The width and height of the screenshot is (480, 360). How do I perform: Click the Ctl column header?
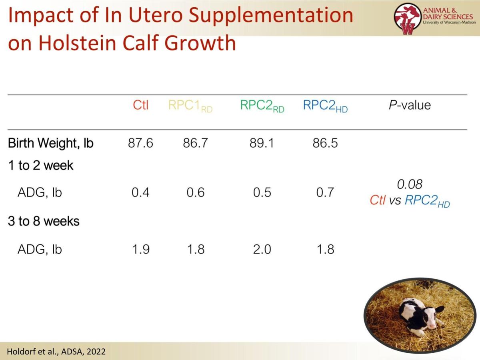coord(140,105)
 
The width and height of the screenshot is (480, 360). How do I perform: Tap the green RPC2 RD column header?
coord(262,106)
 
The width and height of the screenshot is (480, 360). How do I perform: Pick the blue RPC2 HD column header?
coord(325,106)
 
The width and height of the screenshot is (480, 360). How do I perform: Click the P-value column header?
coord(410,105)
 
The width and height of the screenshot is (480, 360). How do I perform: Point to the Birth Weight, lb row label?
coord(50,143)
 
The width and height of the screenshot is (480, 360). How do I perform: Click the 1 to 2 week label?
coord(40,165)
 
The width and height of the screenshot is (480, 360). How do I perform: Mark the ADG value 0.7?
coord(325,192)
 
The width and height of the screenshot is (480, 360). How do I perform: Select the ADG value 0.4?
coord(140,192)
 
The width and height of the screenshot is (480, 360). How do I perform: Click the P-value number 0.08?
coord(410,184)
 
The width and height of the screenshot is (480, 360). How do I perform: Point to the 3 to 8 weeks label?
coord(44,221)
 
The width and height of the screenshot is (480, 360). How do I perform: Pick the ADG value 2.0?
coord(262,249)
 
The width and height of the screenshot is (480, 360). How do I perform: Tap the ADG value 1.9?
coord(140,249)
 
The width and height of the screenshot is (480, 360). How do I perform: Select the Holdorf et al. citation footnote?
coord(56,352)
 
